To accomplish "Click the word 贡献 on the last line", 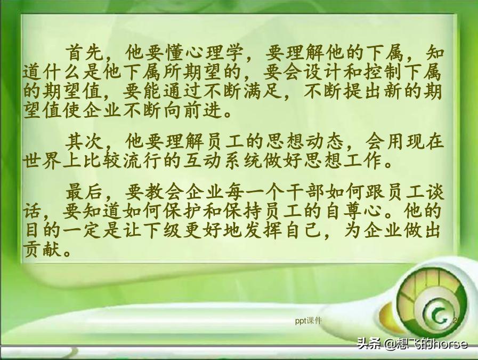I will tap(42, 248).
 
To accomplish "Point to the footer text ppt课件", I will tap(309, 320).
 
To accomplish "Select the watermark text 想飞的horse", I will tap(432, 344).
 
